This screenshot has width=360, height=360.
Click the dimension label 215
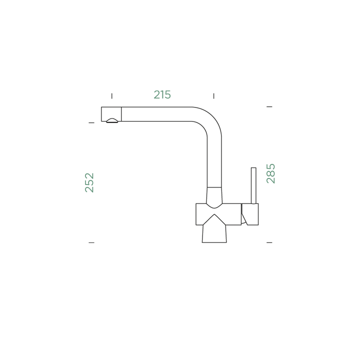162,94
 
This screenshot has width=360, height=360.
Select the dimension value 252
89,182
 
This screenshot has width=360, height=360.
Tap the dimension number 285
270,173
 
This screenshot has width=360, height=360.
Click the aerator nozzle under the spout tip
112,120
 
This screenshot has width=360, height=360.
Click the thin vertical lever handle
253,185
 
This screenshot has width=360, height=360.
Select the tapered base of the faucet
214,233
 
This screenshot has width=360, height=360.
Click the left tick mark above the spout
112,96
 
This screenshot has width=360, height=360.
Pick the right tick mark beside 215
214,96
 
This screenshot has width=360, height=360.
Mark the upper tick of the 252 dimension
91,123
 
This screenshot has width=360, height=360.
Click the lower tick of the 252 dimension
91,242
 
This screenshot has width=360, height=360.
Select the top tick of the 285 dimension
269,107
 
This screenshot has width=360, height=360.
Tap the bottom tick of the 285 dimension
269,242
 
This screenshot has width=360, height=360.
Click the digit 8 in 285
270,173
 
